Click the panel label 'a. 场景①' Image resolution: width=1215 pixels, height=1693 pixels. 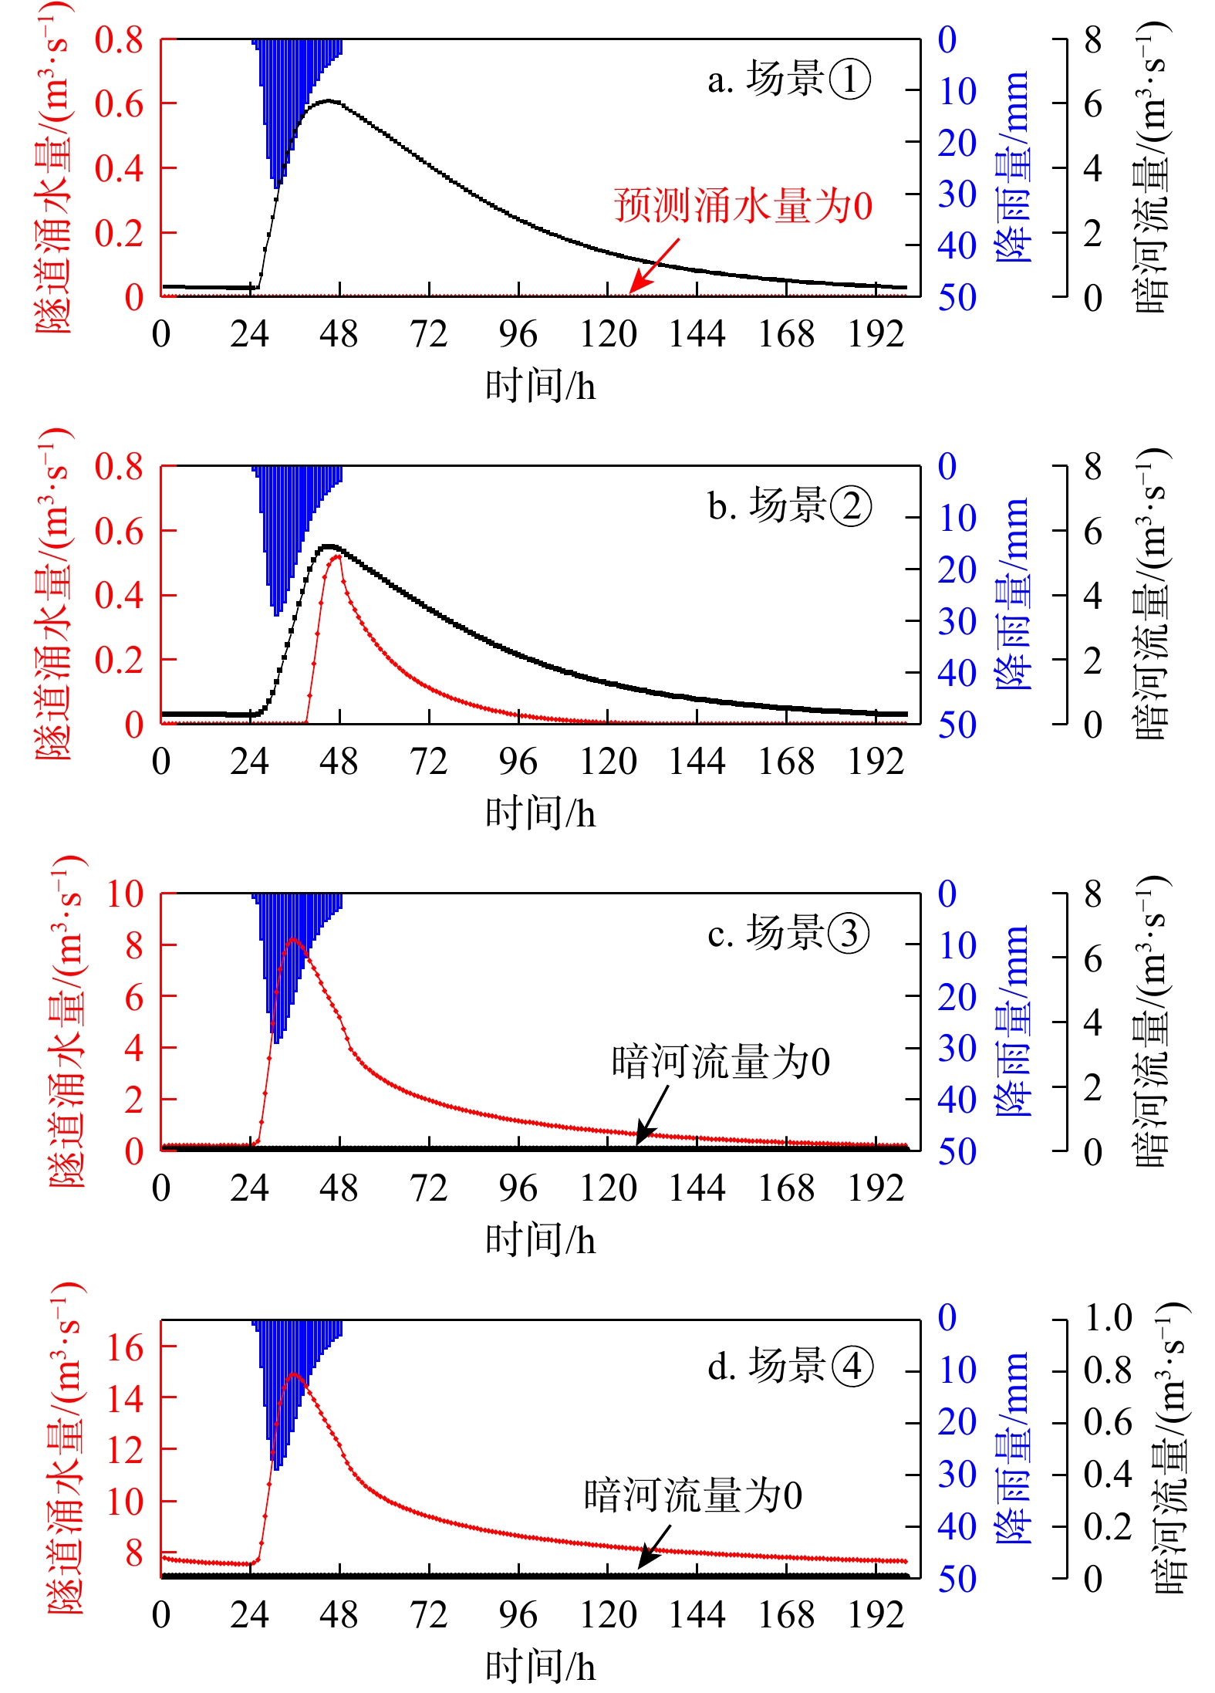pyautogui.click(x=788, y=79)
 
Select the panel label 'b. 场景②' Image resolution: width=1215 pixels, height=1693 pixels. pyautogui.click(x=789, y=506)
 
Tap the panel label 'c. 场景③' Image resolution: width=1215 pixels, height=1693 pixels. pyautogui.click(x=788, y=933)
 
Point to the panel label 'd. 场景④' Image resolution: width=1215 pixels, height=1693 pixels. pyautogui.click(x=789, y=1367)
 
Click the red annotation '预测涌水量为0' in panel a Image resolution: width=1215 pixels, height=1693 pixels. pyautogui.click(x=743, y=207)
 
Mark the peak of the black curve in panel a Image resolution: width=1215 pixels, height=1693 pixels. pyautogui.click(x=329, y=100)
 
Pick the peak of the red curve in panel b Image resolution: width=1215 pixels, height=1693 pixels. pyautogui.click(x=337, y=556)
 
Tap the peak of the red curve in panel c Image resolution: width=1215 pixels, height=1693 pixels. pyautogui.click(x=293, y=939)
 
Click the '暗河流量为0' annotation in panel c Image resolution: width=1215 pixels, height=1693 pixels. pyautogui.click(x=721, y=1062)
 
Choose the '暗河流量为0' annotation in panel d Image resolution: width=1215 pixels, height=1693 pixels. pyautogui.click(x=693, y=1495)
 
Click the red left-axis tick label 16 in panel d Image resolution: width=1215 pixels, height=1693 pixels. pyautogui.click(x=125, y=1347)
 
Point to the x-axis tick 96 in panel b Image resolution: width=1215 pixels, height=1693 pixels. pyautogui.click(x=518, y=762)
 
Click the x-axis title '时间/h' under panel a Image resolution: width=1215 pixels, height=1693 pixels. pyautogui.click(x=540, y=385)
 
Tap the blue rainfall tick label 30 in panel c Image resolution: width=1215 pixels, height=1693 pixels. pyautogui.click(x=957, y=1048)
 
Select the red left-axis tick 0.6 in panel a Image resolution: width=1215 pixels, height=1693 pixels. pyautogui.click(x=120, y=103)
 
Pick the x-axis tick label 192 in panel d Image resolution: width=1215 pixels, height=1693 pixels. pyautogui.click(x=876, y=1615)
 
